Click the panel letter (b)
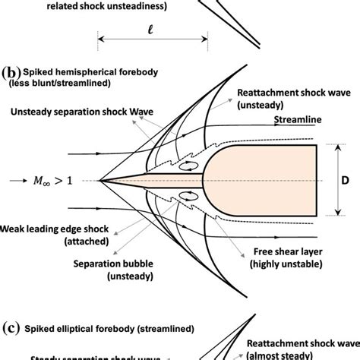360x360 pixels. click(x=10, y=74)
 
